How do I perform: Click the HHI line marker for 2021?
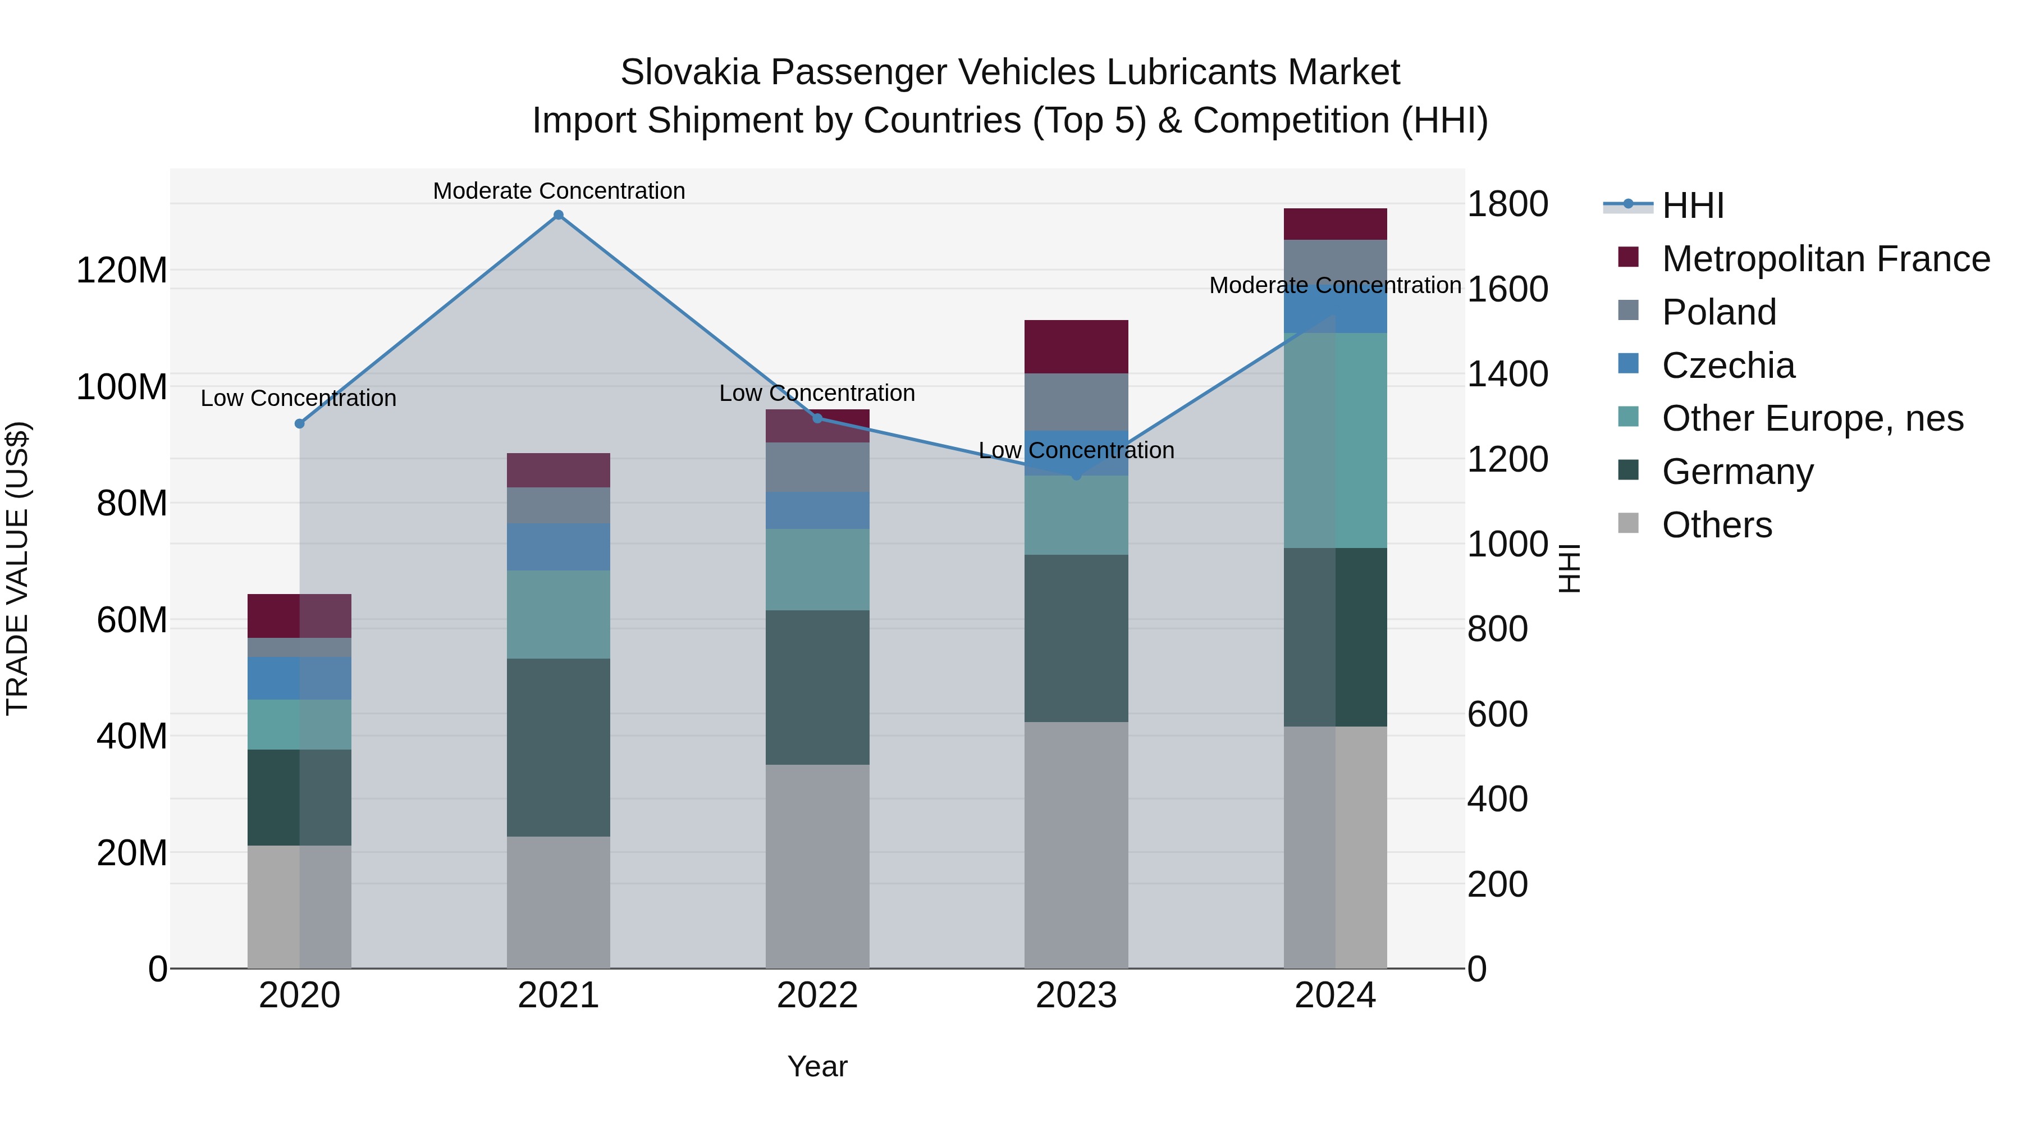[559, 215]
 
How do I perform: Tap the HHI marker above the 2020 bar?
[299, 424]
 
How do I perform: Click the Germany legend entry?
[1737, 472]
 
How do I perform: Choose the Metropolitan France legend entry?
[1825, 259]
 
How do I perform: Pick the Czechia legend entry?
[1727, 366]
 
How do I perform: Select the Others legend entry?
[1717, 525]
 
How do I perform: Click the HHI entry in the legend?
[1692, 206]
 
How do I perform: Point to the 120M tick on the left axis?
[122, 271]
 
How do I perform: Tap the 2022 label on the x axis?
[817, 996]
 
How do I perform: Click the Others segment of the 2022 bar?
[817, 866]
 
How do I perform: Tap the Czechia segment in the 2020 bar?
[299, 678]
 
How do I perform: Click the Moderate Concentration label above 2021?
[559, 191]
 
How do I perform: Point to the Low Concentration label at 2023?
[1076, 450]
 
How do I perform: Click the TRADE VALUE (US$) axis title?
[17, 568]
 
